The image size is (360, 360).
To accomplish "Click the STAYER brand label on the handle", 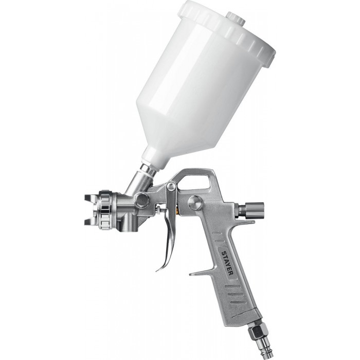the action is [227, 263].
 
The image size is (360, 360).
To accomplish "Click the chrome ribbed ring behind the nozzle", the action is [106, 210].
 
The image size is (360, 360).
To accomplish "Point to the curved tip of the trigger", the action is [160, 268].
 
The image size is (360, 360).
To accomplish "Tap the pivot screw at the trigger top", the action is [171, 186].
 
